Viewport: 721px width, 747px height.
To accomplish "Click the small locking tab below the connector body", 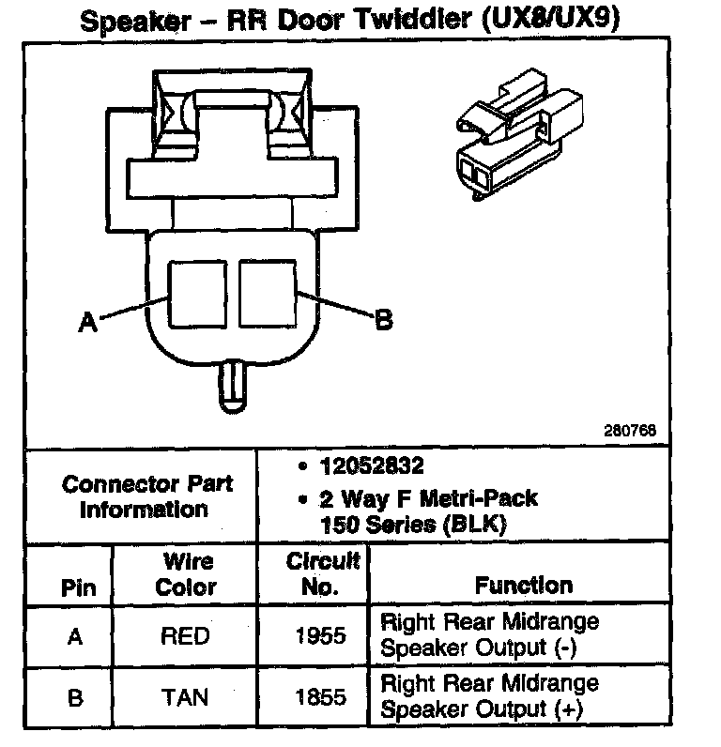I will [x=232, y=387].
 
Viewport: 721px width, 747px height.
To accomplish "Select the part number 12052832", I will [x=370, y=466].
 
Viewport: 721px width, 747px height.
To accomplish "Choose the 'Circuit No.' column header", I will [x=323, y=574].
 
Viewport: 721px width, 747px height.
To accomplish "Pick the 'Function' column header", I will [x=523, y=586].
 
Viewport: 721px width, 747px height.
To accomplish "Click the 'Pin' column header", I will [x=78, y=588].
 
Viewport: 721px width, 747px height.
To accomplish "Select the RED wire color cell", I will [x=185, y=636].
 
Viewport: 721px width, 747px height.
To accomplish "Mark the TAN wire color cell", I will [x=185, y=698].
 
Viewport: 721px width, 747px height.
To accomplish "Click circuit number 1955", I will [x=319, y=636].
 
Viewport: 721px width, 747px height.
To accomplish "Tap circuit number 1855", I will [x=319, y=698].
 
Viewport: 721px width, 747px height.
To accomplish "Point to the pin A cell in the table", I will [x=75, y=636].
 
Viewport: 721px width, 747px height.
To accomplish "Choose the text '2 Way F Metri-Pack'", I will [x=429, y=499].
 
